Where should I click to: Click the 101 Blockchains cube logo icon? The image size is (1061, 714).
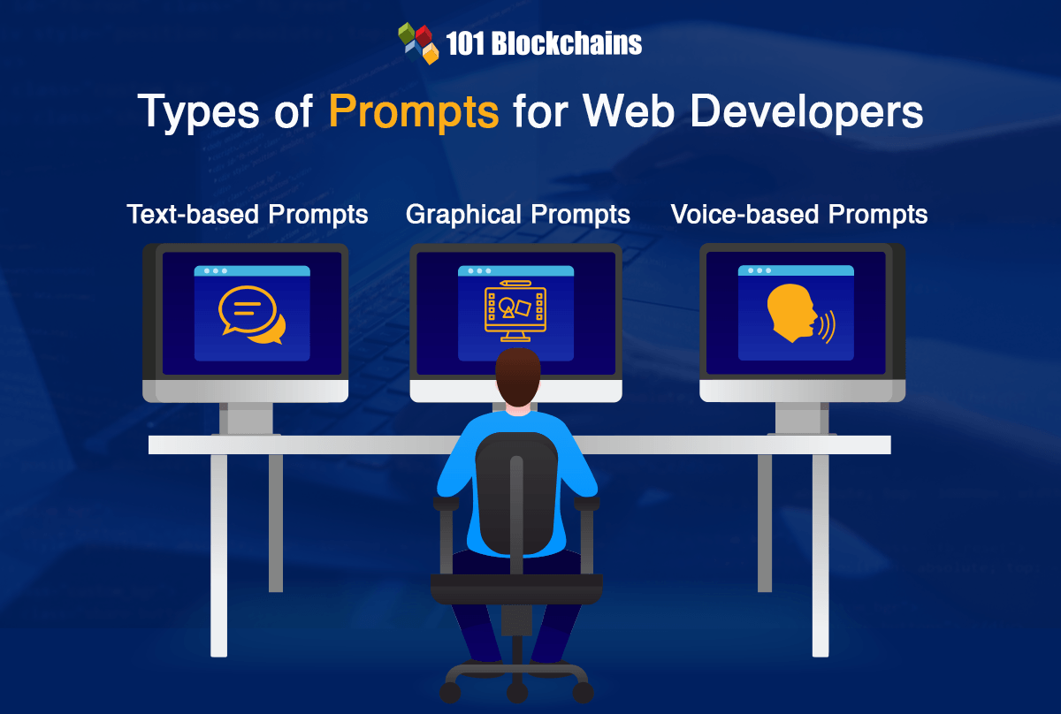(418, 43)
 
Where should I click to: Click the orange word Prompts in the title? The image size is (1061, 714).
(413, 112)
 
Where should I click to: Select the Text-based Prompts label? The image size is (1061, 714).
(248, 214)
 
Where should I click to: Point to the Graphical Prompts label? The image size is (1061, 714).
(518, 214)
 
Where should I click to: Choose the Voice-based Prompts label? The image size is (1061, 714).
(799, 214)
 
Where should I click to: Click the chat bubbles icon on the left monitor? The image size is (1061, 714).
(252, 315)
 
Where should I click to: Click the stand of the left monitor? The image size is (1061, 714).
(245, 418)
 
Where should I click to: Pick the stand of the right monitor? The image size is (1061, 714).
(802, 418)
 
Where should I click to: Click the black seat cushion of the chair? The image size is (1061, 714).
(516, 587)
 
